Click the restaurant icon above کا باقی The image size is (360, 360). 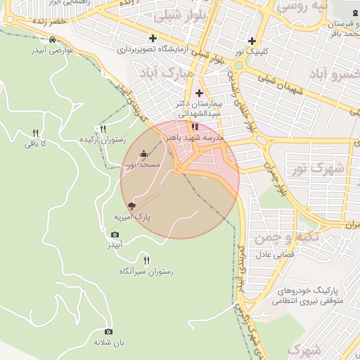pos(35,133)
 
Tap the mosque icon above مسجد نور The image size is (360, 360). pos(143,154)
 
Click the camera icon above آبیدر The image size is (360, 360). pos(115,235)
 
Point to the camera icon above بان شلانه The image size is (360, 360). pos(108,331)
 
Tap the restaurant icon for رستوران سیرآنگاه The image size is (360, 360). pos(146,260)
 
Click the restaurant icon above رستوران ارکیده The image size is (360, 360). pos(103,129)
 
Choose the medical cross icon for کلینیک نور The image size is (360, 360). pos(252,41)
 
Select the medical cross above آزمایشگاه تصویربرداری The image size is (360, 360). pos(153,38)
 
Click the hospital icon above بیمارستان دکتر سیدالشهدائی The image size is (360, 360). pos(199,93)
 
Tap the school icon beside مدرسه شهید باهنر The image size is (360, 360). pos(195,127)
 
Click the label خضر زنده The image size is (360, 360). pos(46,22)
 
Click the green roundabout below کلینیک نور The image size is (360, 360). pos(238,65)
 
